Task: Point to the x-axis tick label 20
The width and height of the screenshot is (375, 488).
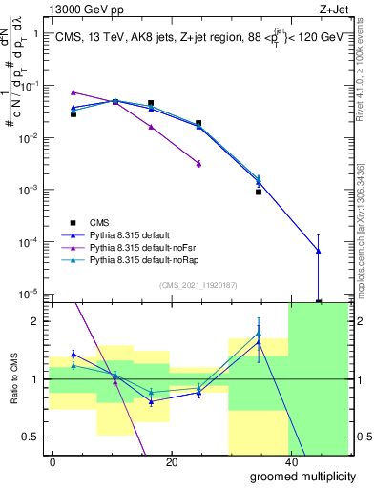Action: point(171,461)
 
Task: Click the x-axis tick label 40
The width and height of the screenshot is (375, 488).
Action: point(289,461)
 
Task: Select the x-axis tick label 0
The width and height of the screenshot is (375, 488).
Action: point(52,461)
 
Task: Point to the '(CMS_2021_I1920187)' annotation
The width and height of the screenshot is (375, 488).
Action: point(198,284)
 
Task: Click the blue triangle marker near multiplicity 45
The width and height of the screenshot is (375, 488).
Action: point(318,251)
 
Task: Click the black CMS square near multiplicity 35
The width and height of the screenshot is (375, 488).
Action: point(259,192)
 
